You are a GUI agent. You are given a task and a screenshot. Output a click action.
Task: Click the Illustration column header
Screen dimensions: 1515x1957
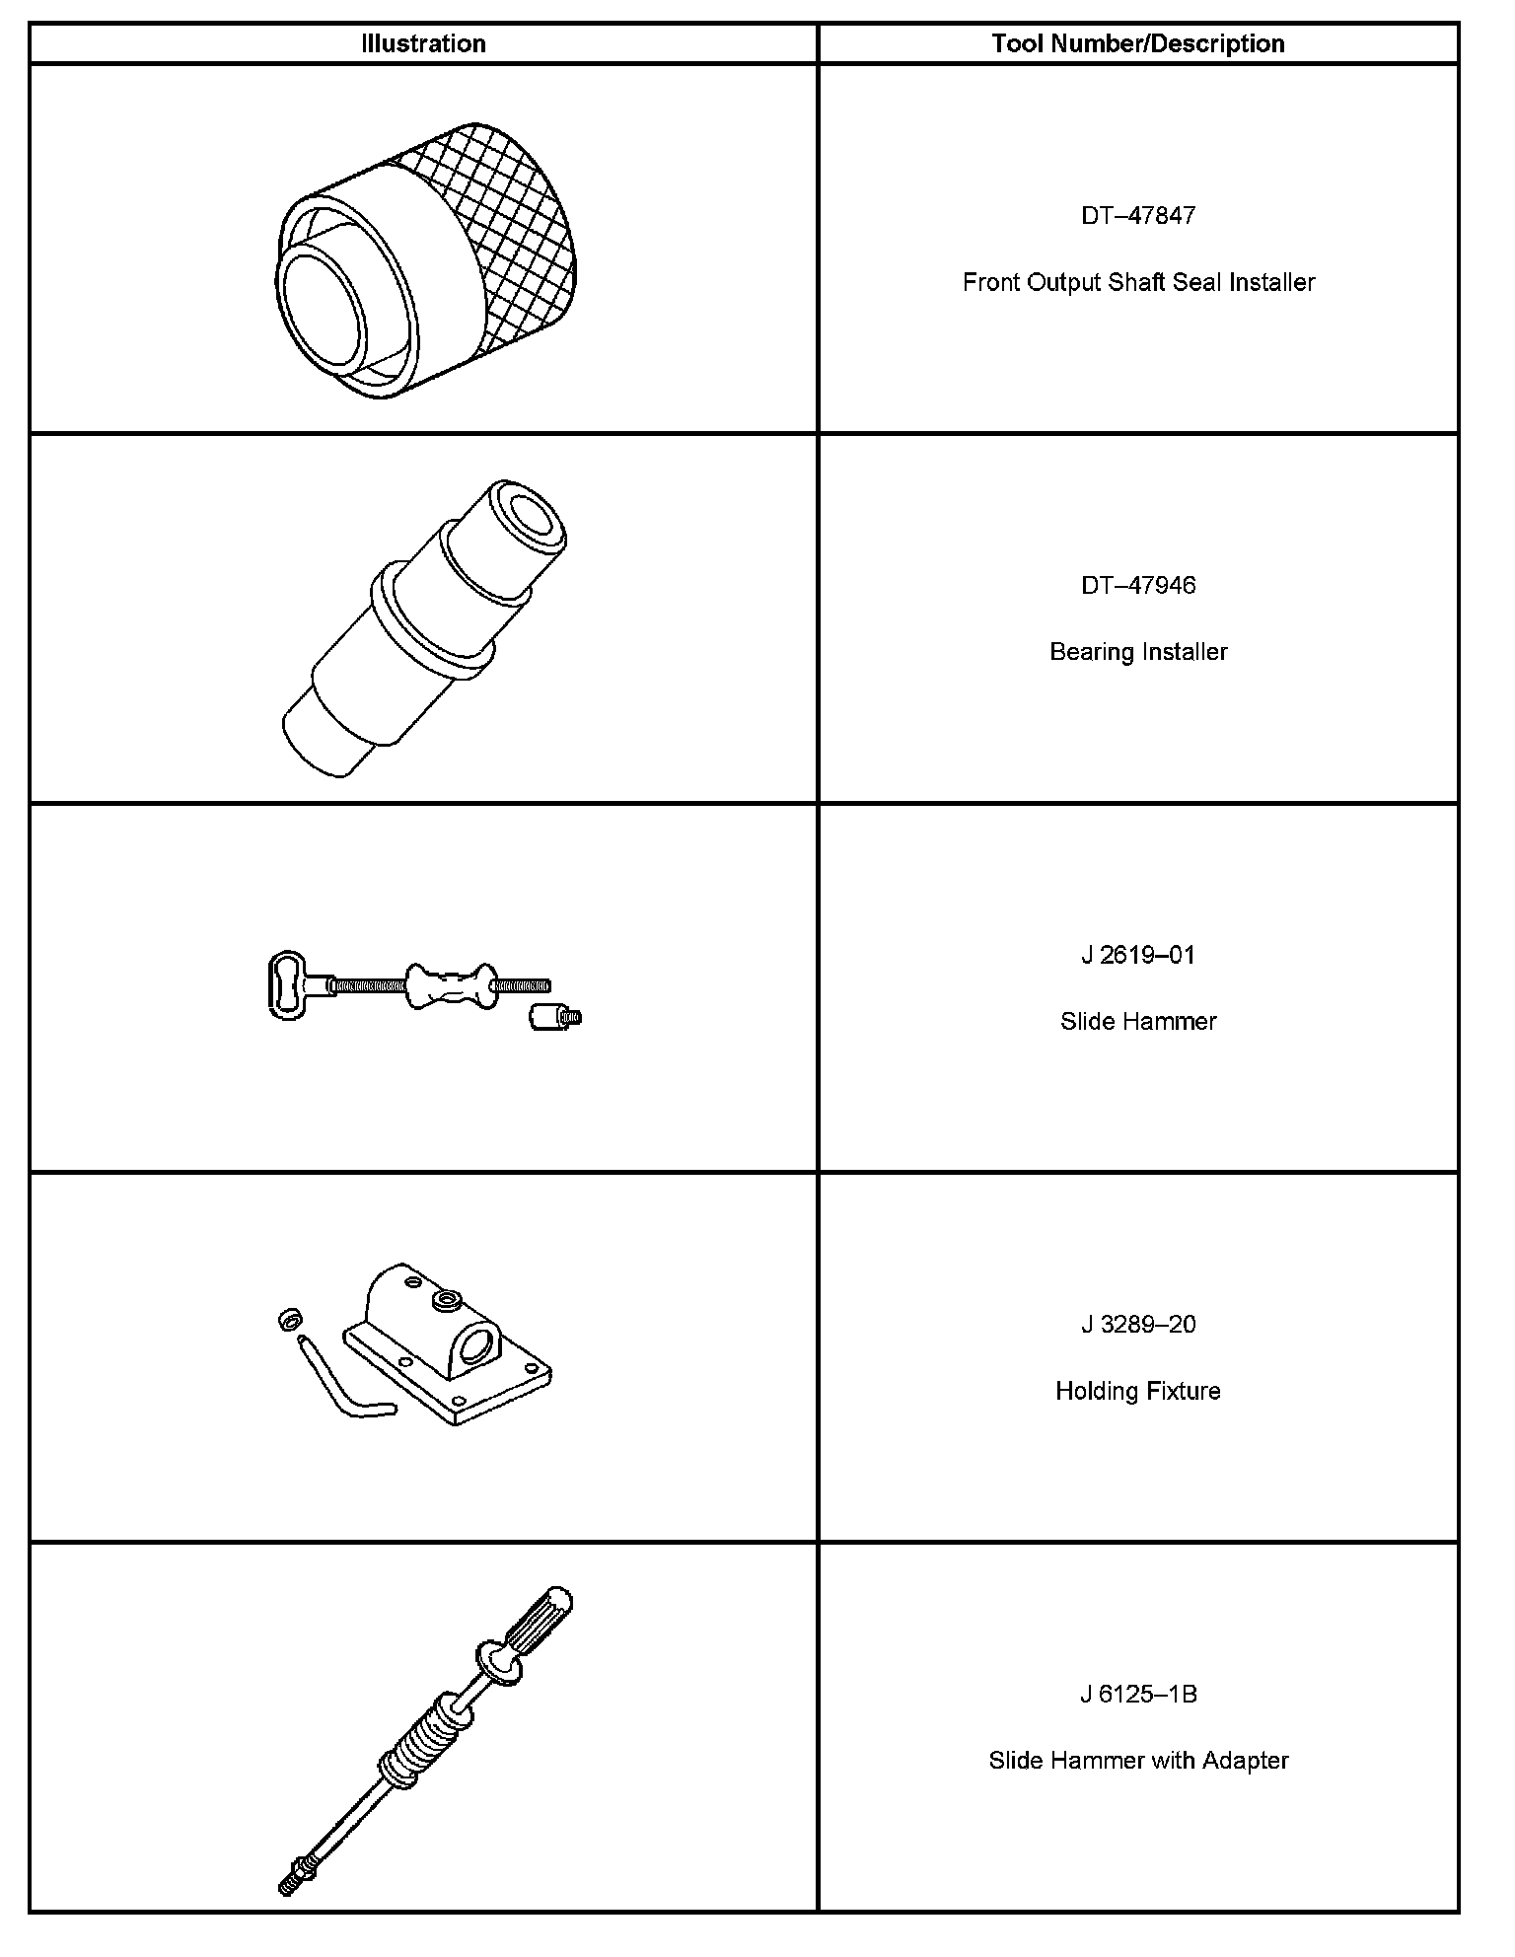click(423, 43)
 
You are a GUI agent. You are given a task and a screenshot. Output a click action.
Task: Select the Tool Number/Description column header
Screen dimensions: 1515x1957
click(1138, 43)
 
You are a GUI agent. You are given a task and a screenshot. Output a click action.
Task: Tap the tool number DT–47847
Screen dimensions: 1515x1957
click(1138, 215)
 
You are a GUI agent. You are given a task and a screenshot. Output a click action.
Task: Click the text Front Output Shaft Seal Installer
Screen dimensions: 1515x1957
click(1138, 282)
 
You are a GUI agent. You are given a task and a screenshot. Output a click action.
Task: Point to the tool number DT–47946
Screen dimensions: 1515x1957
click(1138, 585)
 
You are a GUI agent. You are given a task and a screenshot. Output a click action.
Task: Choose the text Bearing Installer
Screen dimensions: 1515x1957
click(1138, 652)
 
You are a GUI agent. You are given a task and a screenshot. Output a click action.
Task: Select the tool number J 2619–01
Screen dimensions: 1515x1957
click(1138, 955)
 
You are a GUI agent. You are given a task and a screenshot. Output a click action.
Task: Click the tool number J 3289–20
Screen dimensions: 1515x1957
click(1138, 1324)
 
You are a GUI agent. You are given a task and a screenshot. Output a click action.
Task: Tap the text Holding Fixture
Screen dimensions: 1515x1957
click(1138, 1391)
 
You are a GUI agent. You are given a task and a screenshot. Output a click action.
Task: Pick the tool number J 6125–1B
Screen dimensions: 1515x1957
click(1138, 1694)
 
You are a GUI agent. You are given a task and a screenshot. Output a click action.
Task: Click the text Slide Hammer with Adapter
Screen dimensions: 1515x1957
click(1138, 1761)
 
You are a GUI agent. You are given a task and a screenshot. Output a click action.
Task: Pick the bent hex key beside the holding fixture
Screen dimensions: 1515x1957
click(340, 1381)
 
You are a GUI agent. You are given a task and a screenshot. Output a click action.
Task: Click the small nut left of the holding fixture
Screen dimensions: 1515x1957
click(288, 1318)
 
